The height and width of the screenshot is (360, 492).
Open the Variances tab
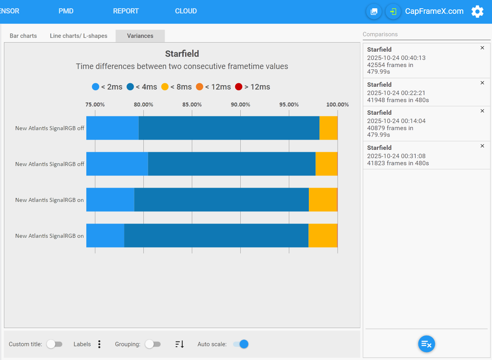point(140,36)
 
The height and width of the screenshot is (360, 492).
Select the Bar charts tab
point(23,36)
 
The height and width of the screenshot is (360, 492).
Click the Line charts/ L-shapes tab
point(79,36)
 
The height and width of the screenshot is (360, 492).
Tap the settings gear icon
point(477,11)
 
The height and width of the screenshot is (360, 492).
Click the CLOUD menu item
point(186,11)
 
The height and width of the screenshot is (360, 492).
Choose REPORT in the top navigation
point(126,11)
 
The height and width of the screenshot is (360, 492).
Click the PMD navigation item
point(66,11)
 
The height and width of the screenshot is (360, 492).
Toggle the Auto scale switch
point(241,344)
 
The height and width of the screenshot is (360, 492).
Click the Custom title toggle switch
point(54,344)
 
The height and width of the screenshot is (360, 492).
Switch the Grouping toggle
point(153,344)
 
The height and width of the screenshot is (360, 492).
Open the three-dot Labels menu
point(99,344)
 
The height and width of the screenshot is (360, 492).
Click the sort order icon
point(180,344)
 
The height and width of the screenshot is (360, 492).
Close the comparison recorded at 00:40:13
point(482,48)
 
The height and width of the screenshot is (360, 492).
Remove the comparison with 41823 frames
point(482,146)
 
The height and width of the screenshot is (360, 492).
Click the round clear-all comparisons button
point(427,344)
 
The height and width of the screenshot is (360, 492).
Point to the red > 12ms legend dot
point(239,87)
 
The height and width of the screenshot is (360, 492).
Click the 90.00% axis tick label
point(240,104)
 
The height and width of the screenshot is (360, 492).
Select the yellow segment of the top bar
point(329,128)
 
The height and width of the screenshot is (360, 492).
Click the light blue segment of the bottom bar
point(105,235)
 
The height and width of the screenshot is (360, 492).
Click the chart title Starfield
point(182,54)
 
